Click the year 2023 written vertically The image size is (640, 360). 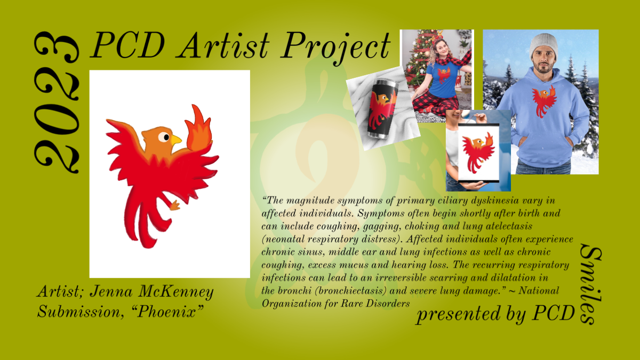coord(57,102)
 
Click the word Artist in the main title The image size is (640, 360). coord(223,46)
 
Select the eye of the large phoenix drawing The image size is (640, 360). coord(164,137)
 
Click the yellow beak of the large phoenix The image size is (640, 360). coord(175,140)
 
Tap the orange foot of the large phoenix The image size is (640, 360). coord(174,205)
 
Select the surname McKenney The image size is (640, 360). coord(176,292)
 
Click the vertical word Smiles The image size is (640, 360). coord(591,284)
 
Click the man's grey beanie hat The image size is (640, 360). coord(543,46)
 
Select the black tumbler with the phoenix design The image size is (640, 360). coord(382,109)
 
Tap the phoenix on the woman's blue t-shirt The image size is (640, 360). coord(444,75)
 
